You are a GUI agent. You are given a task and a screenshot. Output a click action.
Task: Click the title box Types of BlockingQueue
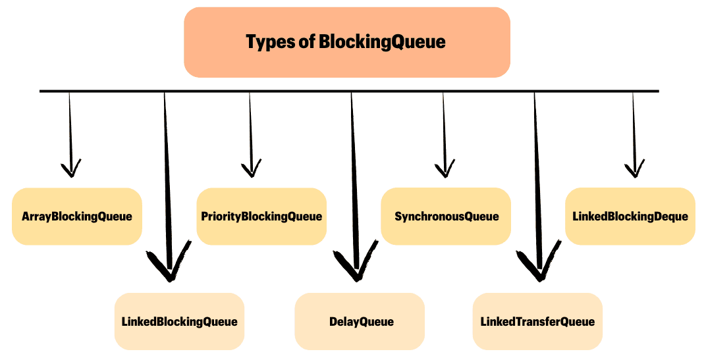346,42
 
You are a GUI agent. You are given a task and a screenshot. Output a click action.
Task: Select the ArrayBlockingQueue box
77,217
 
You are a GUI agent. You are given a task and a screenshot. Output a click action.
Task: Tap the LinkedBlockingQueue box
179,321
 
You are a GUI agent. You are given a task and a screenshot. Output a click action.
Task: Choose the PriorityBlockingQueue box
261,217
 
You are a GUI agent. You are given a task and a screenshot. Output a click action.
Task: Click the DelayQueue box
360,321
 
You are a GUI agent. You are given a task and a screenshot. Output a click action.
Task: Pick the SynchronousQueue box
446,217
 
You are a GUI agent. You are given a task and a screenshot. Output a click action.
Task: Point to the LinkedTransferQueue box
537,321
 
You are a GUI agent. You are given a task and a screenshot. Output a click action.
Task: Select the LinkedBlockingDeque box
630,217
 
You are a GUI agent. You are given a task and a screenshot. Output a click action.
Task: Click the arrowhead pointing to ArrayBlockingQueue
70,170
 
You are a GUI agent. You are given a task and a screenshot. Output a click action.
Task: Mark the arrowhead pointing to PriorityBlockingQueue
250,170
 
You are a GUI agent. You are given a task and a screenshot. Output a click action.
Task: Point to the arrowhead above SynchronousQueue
445,170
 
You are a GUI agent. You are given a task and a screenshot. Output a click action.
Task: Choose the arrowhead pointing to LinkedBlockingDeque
634,170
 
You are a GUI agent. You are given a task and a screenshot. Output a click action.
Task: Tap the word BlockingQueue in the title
382,42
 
